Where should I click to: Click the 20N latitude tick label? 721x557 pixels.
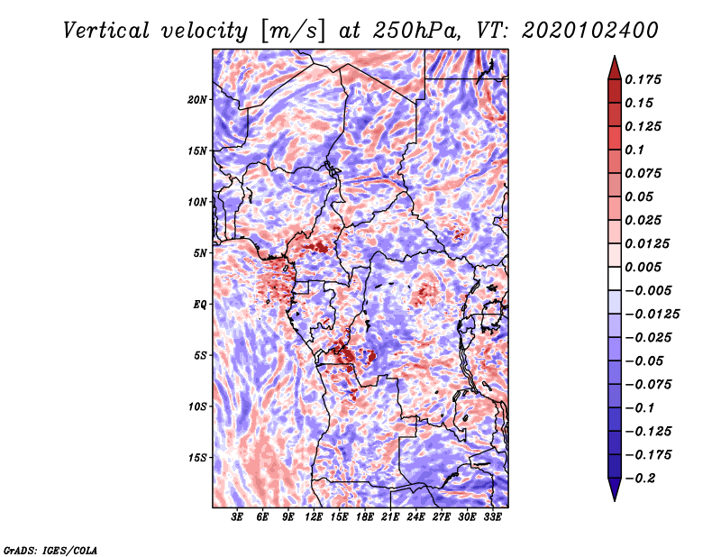pyautogui.click(x=197, y=99)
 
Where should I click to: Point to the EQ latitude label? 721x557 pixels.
pyautogui.click(x=200, y=305)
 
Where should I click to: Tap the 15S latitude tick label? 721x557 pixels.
pyautogui.click(x=197, y=458)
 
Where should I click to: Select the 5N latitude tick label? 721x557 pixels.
pyautogui.click(x=200, y=253)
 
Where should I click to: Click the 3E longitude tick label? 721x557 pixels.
pyautogui.click(x=238, y=517)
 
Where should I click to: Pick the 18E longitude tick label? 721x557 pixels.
pyautogui.click(x=365, y=517)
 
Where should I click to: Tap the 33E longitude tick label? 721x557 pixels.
pyautogui.click(x=492, y=517)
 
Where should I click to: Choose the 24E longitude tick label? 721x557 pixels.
pyautogui.click(x=416, y=517)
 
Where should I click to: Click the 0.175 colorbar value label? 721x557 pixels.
pyautogui.click(x=643, y=79)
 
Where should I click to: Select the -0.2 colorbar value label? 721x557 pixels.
pyautogui.click(x=641, y=477)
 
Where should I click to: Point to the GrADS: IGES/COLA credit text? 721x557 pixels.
pyautogui.click(x=50, y=549)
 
